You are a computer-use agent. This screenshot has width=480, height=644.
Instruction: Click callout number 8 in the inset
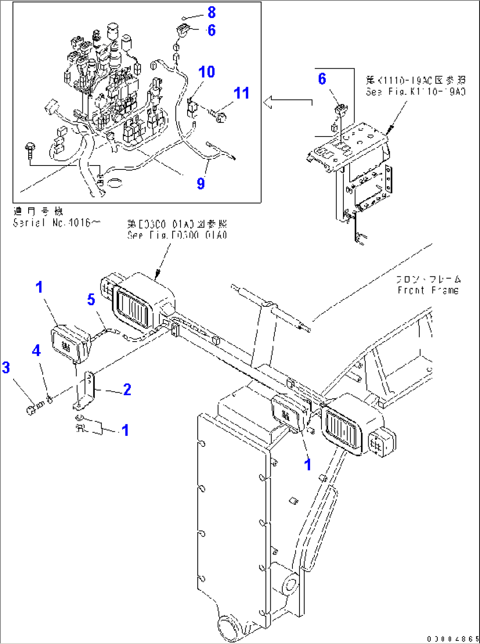tap(211, 12)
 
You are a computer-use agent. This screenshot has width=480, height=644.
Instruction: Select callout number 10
tap(207, 72)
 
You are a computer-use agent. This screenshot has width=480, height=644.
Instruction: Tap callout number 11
tap(241, 93)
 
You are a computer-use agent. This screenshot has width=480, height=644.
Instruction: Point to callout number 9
tap(201, 183)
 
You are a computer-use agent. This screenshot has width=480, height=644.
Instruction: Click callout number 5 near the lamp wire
tap(91, 299)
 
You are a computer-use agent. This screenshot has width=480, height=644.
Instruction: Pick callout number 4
tap(36, 350)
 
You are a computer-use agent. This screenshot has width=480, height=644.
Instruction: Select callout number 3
tap(6, 368)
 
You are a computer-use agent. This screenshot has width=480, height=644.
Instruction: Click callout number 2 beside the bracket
tap(127, 390)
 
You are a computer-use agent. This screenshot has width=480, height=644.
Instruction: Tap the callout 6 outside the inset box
tap(322, 79)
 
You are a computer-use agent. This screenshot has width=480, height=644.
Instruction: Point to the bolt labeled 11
tap(220, 116)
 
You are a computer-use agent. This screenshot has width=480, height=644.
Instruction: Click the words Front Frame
tap(428, 290)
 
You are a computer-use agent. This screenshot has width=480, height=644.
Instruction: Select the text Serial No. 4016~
tap(56, 223)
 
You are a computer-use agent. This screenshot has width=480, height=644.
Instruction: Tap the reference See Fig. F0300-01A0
tap(177, 235)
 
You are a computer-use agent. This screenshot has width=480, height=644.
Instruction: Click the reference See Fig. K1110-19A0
tap(416, 92)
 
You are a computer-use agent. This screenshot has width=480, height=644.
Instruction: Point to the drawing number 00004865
tap(452, 639)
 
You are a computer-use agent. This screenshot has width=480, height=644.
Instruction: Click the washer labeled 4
tap(50, 399)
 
